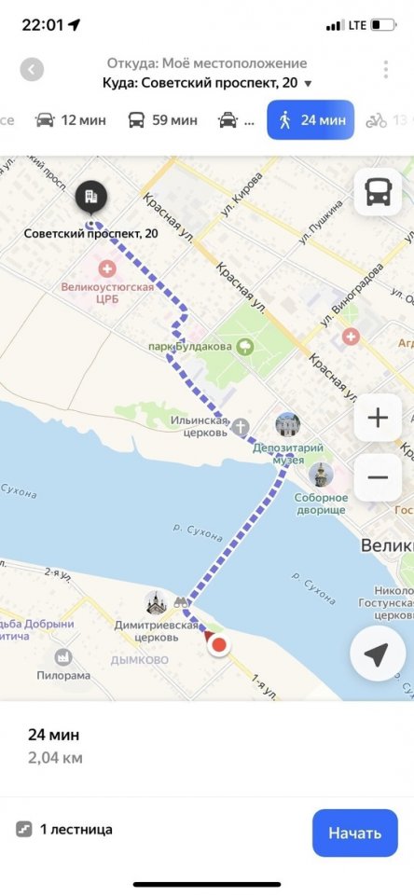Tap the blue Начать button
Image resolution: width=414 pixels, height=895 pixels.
(x=354, y=833)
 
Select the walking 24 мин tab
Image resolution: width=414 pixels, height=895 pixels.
(x=310, y=120)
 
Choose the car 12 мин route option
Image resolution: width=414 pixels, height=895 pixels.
(x=70, y=120)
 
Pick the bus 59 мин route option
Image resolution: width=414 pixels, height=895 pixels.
(x=162, y=120)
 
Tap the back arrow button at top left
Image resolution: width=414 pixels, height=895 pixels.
(x=33, y=70)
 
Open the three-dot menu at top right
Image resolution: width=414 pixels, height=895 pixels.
(x=385, y=70)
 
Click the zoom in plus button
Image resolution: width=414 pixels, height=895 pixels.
(x=378, y=417)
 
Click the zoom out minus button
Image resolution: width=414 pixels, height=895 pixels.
(x=378, y=477)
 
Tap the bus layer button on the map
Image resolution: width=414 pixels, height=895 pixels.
(x=378, y=193)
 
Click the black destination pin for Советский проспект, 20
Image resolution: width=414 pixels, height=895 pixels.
(x=90, y=197)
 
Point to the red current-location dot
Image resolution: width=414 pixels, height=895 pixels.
(x=219, y=643)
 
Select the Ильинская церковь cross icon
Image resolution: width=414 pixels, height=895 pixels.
(x=241, y=428)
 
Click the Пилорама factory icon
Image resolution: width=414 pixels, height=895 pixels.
(x=63, y=657)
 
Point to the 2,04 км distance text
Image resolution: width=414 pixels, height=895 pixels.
(x=55, y=757)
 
